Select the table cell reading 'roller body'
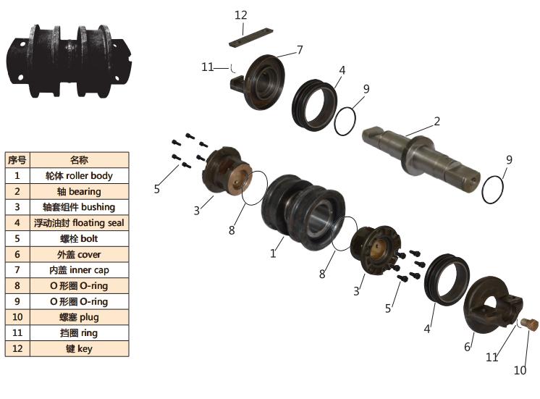click(78, 175)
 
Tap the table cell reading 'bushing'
click(78, 207)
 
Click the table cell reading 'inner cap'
click(78, 270)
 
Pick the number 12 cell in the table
click(17, 349)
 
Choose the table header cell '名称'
click(78, 159)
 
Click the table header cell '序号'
click(17, 159)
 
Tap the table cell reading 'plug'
click(78, 317)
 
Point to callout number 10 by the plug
click(520, 371)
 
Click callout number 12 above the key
click(241, 14)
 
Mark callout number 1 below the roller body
click(273, 253)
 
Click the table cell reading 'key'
click(78, 349)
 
